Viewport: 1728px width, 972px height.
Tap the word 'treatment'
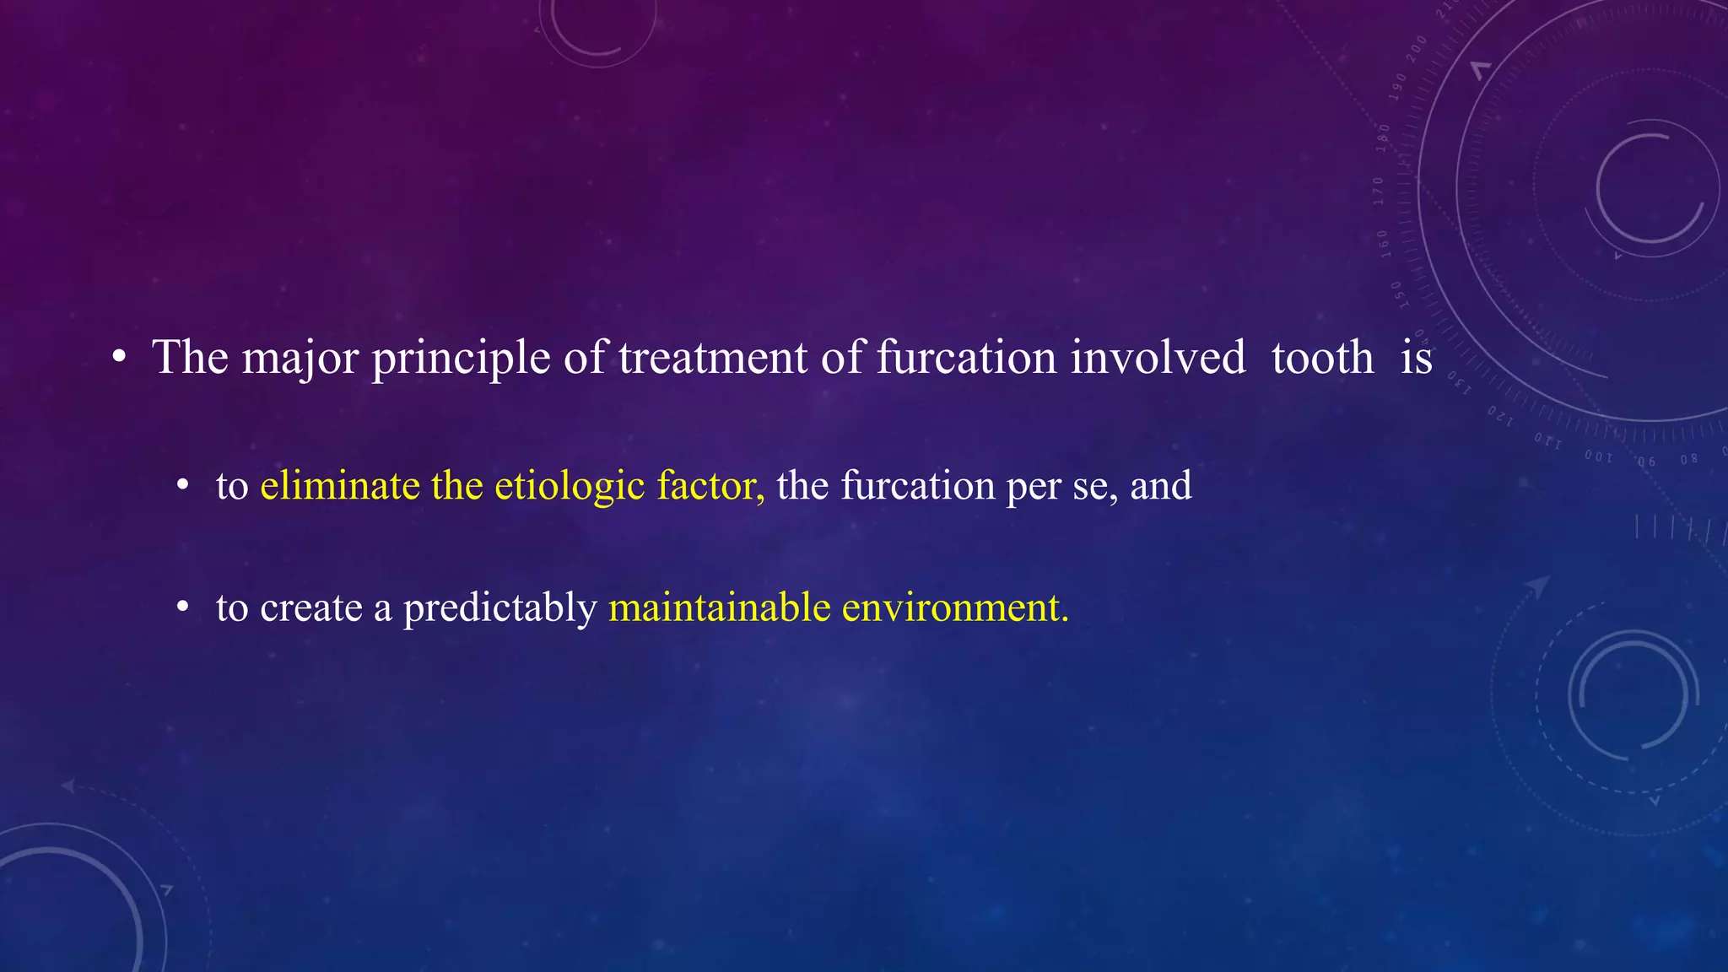(713, 358)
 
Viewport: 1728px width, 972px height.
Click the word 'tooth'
(1322, 358)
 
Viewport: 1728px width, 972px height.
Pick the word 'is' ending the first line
(1417, 358)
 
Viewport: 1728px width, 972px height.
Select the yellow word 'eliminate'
(340, 486)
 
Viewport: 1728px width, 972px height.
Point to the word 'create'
(310, 607)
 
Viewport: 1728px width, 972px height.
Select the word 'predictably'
(499, 607)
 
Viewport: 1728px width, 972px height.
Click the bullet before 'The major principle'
(119, 358)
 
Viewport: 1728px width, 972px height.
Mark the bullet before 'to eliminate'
(182, 487)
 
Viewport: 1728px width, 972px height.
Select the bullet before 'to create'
(182, 607)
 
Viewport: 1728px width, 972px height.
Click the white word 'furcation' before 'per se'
(918, 486)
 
